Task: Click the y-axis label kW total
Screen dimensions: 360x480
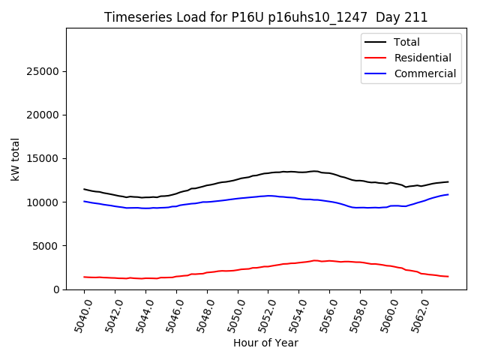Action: pos(15,159)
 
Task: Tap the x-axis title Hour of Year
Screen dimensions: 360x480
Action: pos(265,343)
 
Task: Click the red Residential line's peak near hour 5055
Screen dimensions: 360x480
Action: pos(315,260)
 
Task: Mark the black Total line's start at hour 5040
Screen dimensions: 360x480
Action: pos(84,189)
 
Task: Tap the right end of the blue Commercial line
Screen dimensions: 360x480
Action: pos(448,194)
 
